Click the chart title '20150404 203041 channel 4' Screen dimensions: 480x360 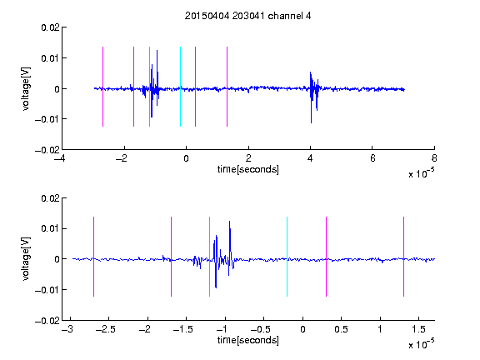[x=247, y=16]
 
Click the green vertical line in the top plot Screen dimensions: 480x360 [x=149, y=87]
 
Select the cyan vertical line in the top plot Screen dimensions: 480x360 [x=180, y=87]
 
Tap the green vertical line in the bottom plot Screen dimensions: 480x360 [x=209, y=257]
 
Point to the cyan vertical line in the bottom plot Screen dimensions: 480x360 [x=287, y=257]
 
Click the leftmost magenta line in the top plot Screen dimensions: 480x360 [x=102, y=87]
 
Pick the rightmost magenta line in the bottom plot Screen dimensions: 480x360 [x=403, y=257]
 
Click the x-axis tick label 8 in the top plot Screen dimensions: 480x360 [x=434, y=158]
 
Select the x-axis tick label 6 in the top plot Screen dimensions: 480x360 [x=372, y=158]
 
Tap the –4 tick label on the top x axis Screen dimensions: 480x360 [x=60, y=158]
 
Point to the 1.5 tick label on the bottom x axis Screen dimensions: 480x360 [x=418, y=329]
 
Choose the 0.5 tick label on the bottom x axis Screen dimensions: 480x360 [x=341, y=329]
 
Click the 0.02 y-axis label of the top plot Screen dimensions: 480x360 [x=50, y=27]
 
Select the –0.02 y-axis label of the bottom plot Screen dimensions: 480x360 [x=47, y=321]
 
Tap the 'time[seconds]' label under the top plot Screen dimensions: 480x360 [x=248, y=169]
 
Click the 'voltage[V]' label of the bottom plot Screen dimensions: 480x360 [x=26, y=258]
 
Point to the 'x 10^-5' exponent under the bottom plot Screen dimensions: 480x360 [x=421, y=343]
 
